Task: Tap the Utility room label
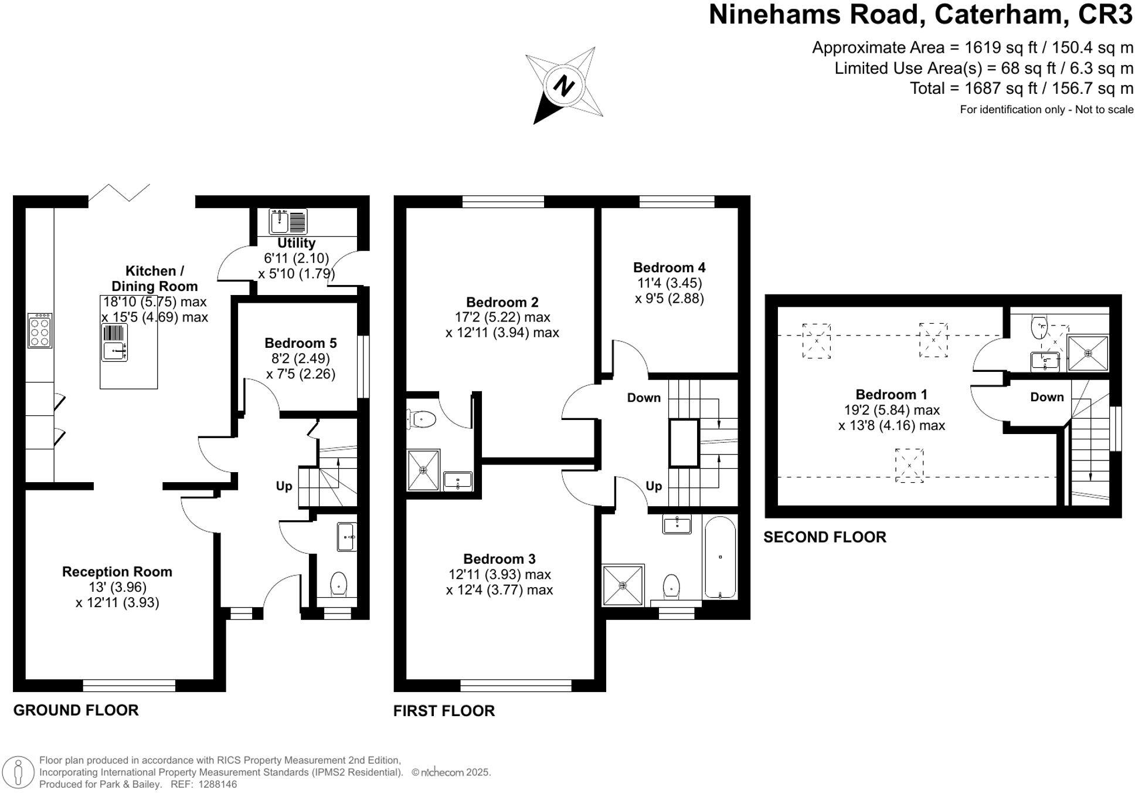[296, 243]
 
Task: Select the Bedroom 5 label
[300, 343]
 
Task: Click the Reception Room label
[117, 572]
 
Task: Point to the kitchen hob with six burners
[40, 331]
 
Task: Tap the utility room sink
[280, 222]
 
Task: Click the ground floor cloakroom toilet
[338, 584]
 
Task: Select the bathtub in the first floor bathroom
[720, 557]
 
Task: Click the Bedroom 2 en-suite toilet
[422, 419]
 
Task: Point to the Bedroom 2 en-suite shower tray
[423, 470]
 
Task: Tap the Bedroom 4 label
[669, 267]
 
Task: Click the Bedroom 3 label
[499, 559]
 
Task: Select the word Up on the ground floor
[284, 486]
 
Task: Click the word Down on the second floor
[1046, 397]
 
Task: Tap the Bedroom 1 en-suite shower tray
[1088, 353]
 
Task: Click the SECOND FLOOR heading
[824, 537]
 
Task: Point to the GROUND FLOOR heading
[76, 710]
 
